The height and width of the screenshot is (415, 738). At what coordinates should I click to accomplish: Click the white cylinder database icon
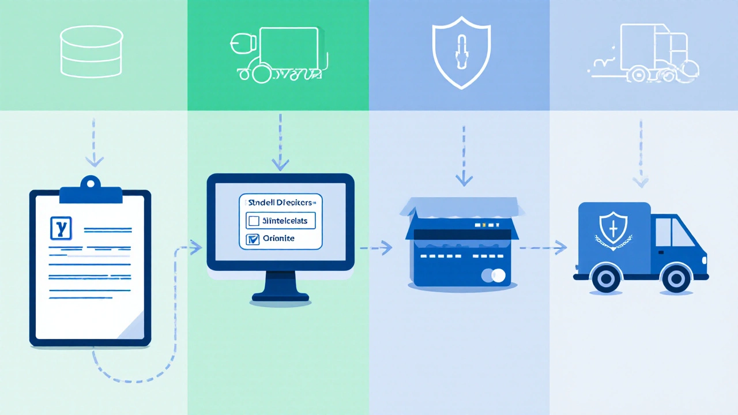tap(92, 51)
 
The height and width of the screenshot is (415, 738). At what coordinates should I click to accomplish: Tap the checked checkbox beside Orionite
tap(253, 240)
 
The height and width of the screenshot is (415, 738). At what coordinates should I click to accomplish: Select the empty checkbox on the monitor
tap(253, 220)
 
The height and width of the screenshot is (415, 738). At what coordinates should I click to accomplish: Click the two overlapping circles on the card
tap(494, 276)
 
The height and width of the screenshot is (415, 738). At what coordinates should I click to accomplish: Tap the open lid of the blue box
tap(461, 211)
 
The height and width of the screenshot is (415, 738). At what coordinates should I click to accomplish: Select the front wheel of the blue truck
tap(676, 279)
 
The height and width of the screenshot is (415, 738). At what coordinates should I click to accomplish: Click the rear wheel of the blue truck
tap(605, 279)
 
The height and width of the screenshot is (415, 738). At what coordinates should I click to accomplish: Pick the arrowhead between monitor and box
tap(386, 248)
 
